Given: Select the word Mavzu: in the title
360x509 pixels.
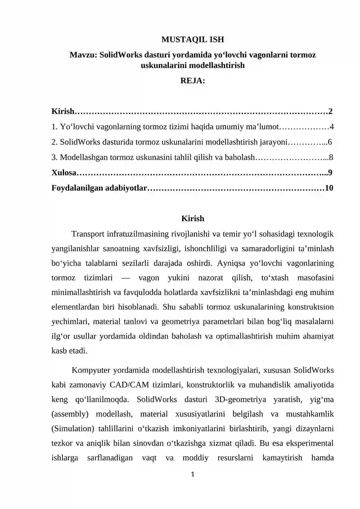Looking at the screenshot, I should (x=83, y=55).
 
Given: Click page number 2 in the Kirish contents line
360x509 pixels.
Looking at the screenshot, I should (x=330, y=111).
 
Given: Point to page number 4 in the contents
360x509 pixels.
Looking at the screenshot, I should (x=332, y=127).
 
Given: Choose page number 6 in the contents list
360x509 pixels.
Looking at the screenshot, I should (x=330, y=142).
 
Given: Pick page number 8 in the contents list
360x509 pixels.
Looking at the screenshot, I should (x=331, y=158).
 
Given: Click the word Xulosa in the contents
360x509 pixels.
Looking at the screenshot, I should (x=63, y=173).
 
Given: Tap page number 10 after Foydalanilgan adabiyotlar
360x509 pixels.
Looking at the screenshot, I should (x=329, y=188).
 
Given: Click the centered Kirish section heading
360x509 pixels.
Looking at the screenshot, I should (x=193, y=219).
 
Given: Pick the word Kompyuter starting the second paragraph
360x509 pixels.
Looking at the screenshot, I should (x=91, y=371).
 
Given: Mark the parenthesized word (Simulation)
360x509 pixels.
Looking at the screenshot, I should (x=73, y=429).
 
